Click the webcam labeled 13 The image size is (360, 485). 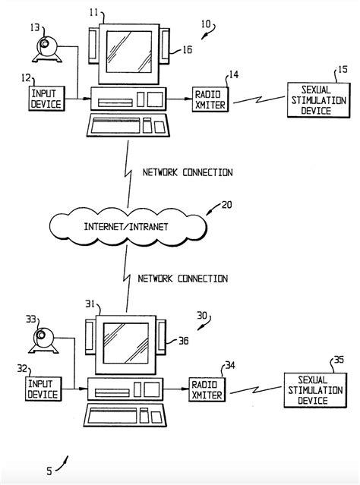tap(47, 49)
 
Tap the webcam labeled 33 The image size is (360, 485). tap(43, 341)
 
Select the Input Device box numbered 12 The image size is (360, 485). tap(47, 99)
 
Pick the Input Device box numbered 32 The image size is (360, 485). tap(43, 389)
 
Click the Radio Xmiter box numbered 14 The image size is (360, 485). tap(210, 99)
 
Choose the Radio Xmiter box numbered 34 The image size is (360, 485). tap(207, 389)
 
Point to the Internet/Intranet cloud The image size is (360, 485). tap(128, 227)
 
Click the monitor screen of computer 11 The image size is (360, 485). tap(129, 52)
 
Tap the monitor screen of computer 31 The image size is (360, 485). tap(125, 343)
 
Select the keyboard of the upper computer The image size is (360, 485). tap(128, 125)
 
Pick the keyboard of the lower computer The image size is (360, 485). tap(125, 415)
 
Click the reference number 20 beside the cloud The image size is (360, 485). tap(226, 205)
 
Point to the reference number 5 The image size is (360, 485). tap(49, 471)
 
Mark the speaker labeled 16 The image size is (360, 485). tap(165, 46)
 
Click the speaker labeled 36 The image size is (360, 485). tap(162, 337)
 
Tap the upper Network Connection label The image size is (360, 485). tap(188, 172)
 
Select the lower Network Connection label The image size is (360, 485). tap(183, 279)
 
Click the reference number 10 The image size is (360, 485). tap(206, 24)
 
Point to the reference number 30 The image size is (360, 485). tap(202, 316)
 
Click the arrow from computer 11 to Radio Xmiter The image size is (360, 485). tap(179, 99)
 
